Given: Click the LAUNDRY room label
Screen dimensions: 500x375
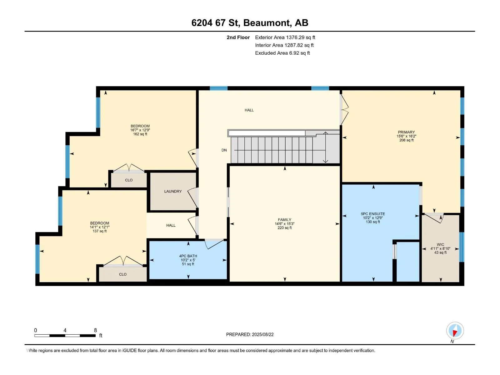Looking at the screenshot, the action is (x=173, y=191).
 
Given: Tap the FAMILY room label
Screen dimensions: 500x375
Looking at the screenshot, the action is (x=284, y=220).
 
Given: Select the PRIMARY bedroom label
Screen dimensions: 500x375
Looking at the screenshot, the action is (x=406, y=132).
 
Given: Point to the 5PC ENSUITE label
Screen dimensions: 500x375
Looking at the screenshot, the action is (x=373, y=214).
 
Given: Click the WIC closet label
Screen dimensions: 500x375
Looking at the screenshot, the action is (x=440, y=245).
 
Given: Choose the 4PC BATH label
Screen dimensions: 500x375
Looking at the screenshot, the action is (x=188, y=256).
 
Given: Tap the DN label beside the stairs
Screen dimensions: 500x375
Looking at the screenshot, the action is (x=224, y=150).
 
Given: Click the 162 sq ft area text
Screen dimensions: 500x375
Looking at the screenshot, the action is (x=140, y=134).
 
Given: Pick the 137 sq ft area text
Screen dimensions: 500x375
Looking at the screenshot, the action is (x=100, y=231).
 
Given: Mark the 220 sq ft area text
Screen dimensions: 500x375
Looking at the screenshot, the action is (x=284, y=228).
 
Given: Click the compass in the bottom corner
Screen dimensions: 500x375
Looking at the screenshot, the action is (x=455, y=330).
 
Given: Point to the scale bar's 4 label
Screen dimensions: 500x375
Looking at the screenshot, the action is (x=65, y=330).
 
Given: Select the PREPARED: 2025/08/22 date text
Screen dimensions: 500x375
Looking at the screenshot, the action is (x=250, y=334).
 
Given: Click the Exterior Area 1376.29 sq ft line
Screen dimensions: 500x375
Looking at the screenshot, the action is (x=285, y=37).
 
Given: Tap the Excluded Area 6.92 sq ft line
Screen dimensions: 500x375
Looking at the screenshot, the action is (x=282, y=53).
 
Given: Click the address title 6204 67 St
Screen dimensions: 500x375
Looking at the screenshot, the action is (x=216, y=23).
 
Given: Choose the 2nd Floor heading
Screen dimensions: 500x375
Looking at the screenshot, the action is (x=238, y=37).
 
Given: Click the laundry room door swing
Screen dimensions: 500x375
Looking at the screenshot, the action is (x=193, y=197).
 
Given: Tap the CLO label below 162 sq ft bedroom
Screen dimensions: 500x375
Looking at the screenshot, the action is (x=129, y=180).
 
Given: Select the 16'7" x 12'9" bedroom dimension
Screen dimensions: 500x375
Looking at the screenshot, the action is (x=140, y=130).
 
